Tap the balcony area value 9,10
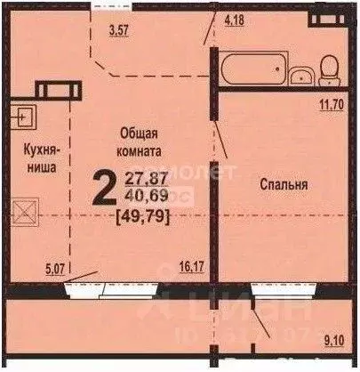(336, 337)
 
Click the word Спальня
(284, 185)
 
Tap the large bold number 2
(103, 188)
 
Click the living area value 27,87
(144, 176)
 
